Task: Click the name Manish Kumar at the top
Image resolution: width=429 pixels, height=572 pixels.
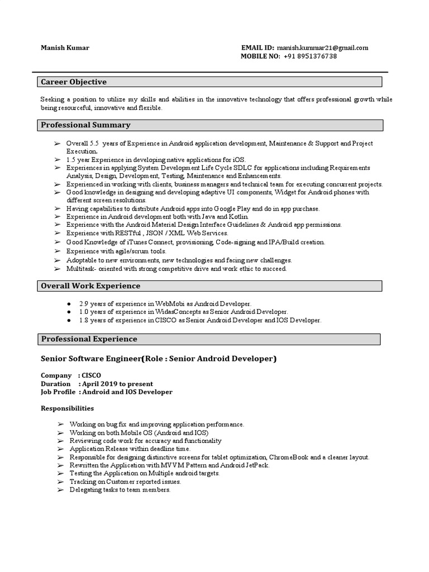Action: (65, 47)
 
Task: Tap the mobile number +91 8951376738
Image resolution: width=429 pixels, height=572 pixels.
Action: (310, 56)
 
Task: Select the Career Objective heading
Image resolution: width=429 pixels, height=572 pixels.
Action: (74, 82)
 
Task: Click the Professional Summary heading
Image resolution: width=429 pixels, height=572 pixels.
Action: (85, 125)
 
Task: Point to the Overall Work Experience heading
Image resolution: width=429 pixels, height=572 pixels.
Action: (90, 286)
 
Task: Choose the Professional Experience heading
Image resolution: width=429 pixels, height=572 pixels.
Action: (89, 339)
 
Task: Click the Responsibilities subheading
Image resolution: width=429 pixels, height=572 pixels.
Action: (68, 408)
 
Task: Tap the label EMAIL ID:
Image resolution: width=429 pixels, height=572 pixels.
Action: (258, 47)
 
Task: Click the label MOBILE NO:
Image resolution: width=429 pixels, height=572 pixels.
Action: (260, 56)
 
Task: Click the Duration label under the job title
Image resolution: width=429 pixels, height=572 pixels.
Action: (56, 384)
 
